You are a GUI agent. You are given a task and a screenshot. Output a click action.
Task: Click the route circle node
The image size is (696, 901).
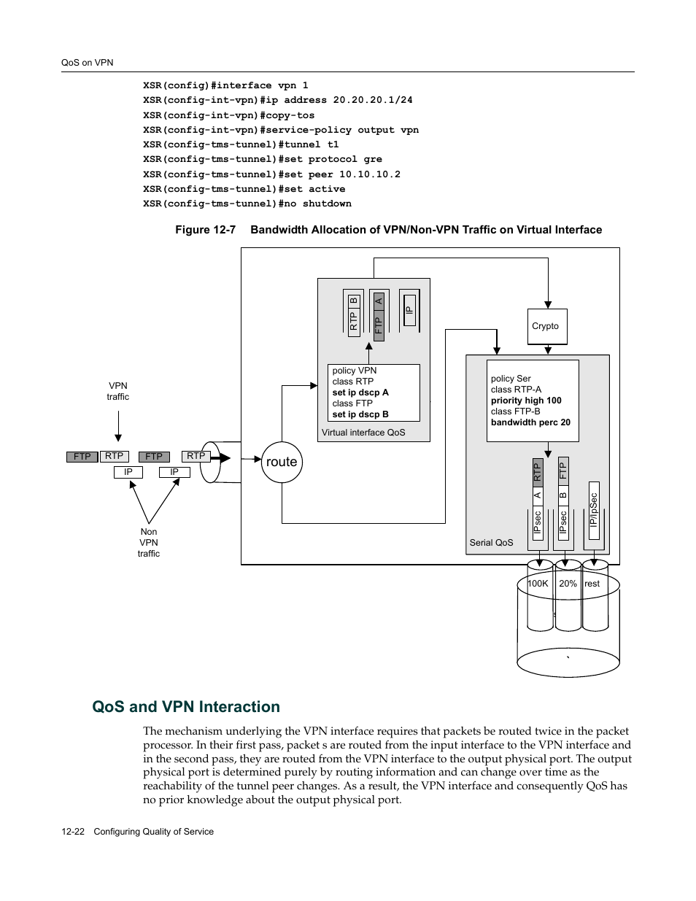click(x=282, y=462)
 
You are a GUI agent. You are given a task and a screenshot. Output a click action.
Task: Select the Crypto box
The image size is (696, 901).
click(x=546, y=326)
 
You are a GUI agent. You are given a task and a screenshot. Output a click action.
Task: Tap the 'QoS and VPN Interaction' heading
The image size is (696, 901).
click(x=186, y=707)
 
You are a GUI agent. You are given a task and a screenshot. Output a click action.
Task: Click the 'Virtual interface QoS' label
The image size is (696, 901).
click(x=363, y=433)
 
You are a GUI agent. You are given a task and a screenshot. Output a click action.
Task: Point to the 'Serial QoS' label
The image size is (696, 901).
click(x=491, y=543)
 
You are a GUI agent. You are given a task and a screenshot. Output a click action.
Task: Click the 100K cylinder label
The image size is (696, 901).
click(x=538, y=584)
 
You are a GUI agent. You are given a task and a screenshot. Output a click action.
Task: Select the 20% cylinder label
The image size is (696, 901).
click(x=568, y=584)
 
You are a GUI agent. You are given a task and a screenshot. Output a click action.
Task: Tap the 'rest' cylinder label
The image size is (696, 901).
click(x=592, y=584)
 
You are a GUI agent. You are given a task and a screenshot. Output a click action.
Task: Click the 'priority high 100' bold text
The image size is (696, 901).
click(x=526, y=401)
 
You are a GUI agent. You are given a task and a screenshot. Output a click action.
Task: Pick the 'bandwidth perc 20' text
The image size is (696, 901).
click(x=530, y=422)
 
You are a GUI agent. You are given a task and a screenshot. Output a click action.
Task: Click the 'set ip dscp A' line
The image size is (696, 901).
click(x=360, y=393)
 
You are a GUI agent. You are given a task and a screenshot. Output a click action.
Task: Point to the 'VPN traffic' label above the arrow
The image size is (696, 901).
click(x=118, y=391)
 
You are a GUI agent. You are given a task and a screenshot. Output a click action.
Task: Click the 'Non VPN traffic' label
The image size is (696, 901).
click(x=149, y=543)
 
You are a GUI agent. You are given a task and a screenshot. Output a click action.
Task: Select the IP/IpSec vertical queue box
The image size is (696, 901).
click(x=594, y=511)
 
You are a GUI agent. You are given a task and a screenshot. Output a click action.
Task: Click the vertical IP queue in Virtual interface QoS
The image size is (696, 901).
click(x=409, y=310)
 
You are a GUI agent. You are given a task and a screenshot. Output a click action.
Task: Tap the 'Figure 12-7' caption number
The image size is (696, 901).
click(x=205, y=230)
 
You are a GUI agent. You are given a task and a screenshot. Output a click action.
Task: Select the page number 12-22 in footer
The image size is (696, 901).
click(x=73, y=832)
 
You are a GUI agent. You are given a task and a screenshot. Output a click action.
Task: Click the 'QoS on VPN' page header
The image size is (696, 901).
click(x=87, y=63)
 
